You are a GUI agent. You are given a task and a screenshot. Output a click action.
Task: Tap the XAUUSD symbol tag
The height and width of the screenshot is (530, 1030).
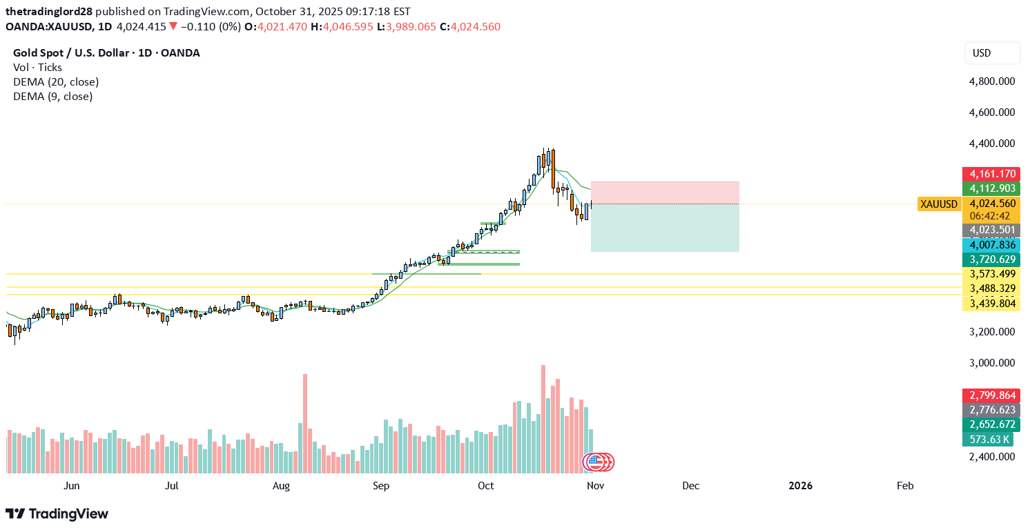pos(939,204)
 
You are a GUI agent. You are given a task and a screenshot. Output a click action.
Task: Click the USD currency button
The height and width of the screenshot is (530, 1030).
pos(991,53)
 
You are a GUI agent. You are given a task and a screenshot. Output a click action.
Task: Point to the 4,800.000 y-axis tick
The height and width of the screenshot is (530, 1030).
pos(991,81)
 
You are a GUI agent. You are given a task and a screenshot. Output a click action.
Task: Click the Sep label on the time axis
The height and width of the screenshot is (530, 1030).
pos(381,486)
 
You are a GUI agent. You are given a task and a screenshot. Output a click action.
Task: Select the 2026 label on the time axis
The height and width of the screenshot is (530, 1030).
pos(800,486)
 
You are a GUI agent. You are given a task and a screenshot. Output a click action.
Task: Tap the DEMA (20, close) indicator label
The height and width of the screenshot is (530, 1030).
pos(56,82)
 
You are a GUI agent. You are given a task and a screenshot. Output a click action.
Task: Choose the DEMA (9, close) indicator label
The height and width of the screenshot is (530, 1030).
pos(52,97)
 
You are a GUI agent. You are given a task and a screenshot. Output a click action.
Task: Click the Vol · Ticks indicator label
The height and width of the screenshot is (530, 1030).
pos(37,68)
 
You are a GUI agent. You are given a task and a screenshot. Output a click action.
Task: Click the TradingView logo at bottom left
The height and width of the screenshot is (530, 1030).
pos(57,514)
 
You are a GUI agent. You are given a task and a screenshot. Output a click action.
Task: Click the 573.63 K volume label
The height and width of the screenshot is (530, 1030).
pos(991,440)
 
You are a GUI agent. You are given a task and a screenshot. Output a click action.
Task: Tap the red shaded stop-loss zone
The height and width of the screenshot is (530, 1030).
pos(665,193)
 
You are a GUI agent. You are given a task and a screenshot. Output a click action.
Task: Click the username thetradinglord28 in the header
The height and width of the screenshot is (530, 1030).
pos(49,12)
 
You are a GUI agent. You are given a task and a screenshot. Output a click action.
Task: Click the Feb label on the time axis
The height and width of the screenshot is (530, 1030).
pos(904,486)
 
